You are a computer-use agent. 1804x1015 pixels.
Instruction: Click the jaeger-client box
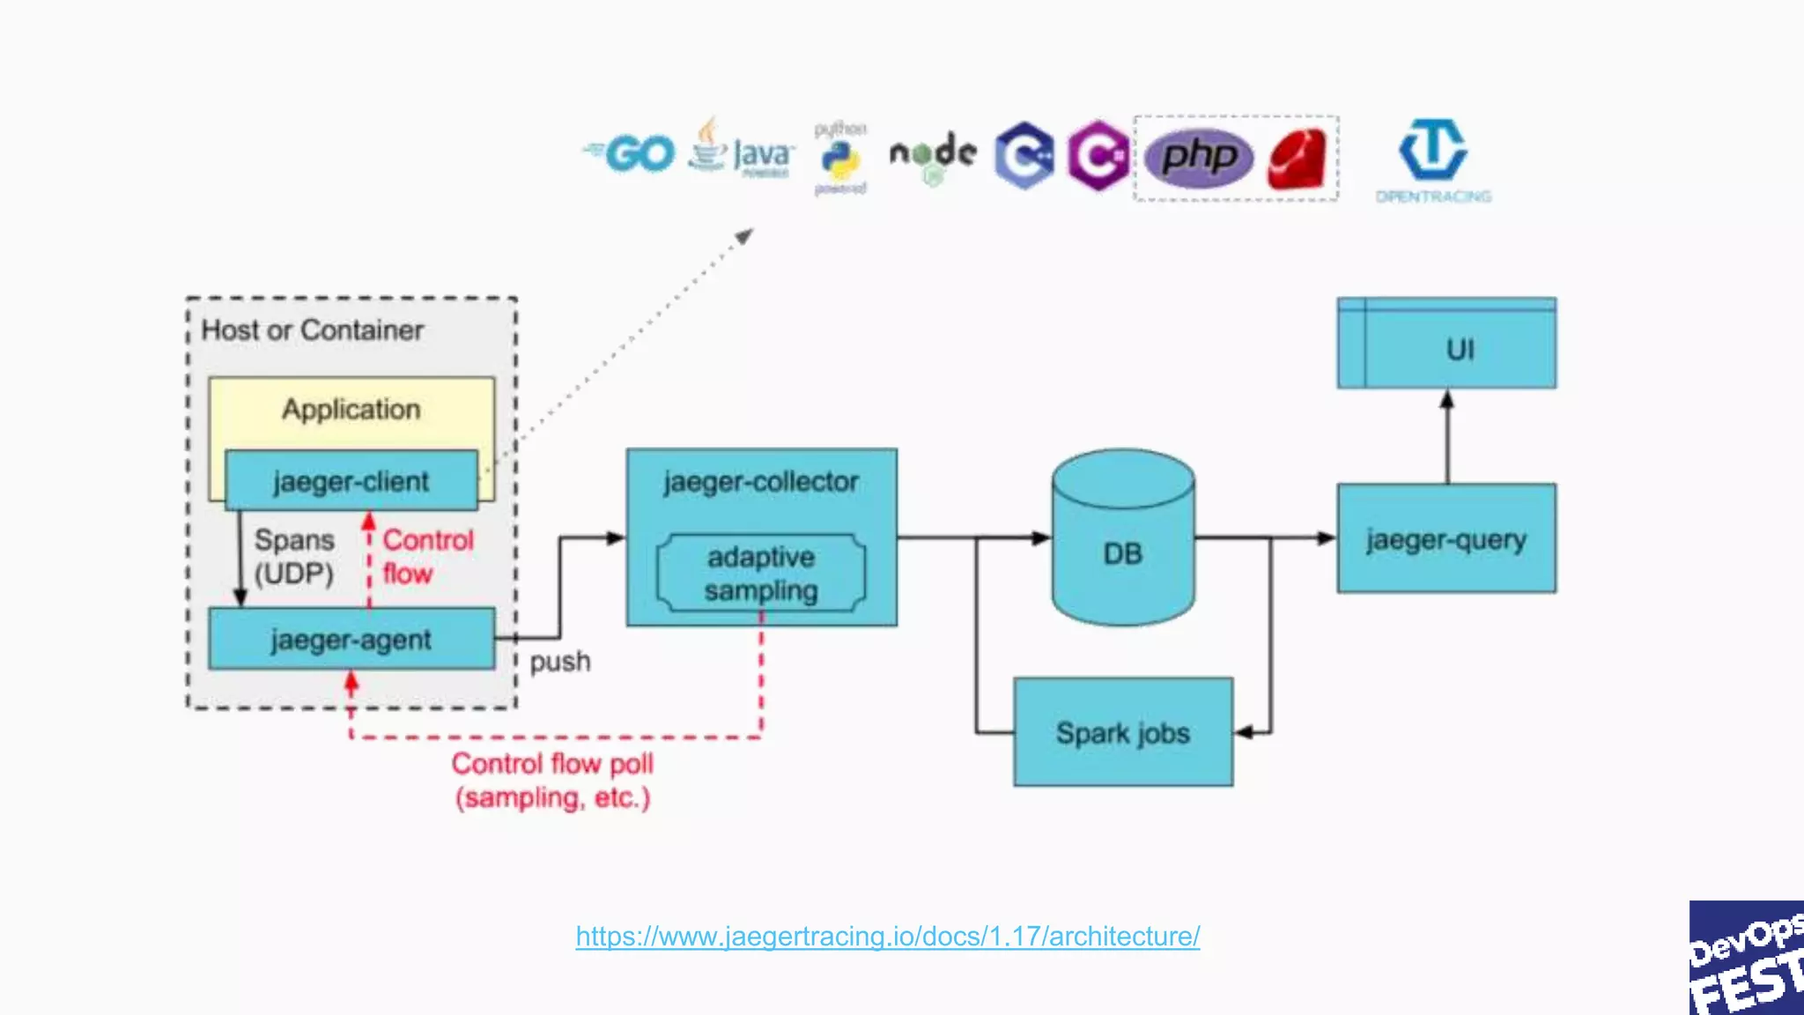351,481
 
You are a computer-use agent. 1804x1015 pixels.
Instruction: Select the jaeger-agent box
351,640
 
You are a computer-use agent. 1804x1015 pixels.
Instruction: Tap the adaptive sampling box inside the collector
761,574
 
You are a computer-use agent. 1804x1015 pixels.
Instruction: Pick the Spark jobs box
1123,732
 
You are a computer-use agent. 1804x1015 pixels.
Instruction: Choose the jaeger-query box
1445,538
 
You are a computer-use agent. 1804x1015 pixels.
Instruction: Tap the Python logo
841,159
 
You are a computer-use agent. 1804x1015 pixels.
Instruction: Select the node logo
933,154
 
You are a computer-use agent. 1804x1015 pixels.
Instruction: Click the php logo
1199,158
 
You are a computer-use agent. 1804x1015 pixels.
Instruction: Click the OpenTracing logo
1433,159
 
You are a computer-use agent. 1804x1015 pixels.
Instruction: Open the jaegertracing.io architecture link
887,936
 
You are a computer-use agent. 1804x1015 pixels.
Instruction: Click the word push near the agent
559,662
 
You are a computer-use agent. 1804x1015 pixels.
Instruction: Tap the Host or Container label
312,330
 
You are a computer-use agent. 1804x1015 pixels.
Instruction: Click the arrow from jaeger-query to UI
1446,437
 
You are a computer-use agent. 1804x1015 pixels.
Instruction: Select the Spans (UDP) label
293,556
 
